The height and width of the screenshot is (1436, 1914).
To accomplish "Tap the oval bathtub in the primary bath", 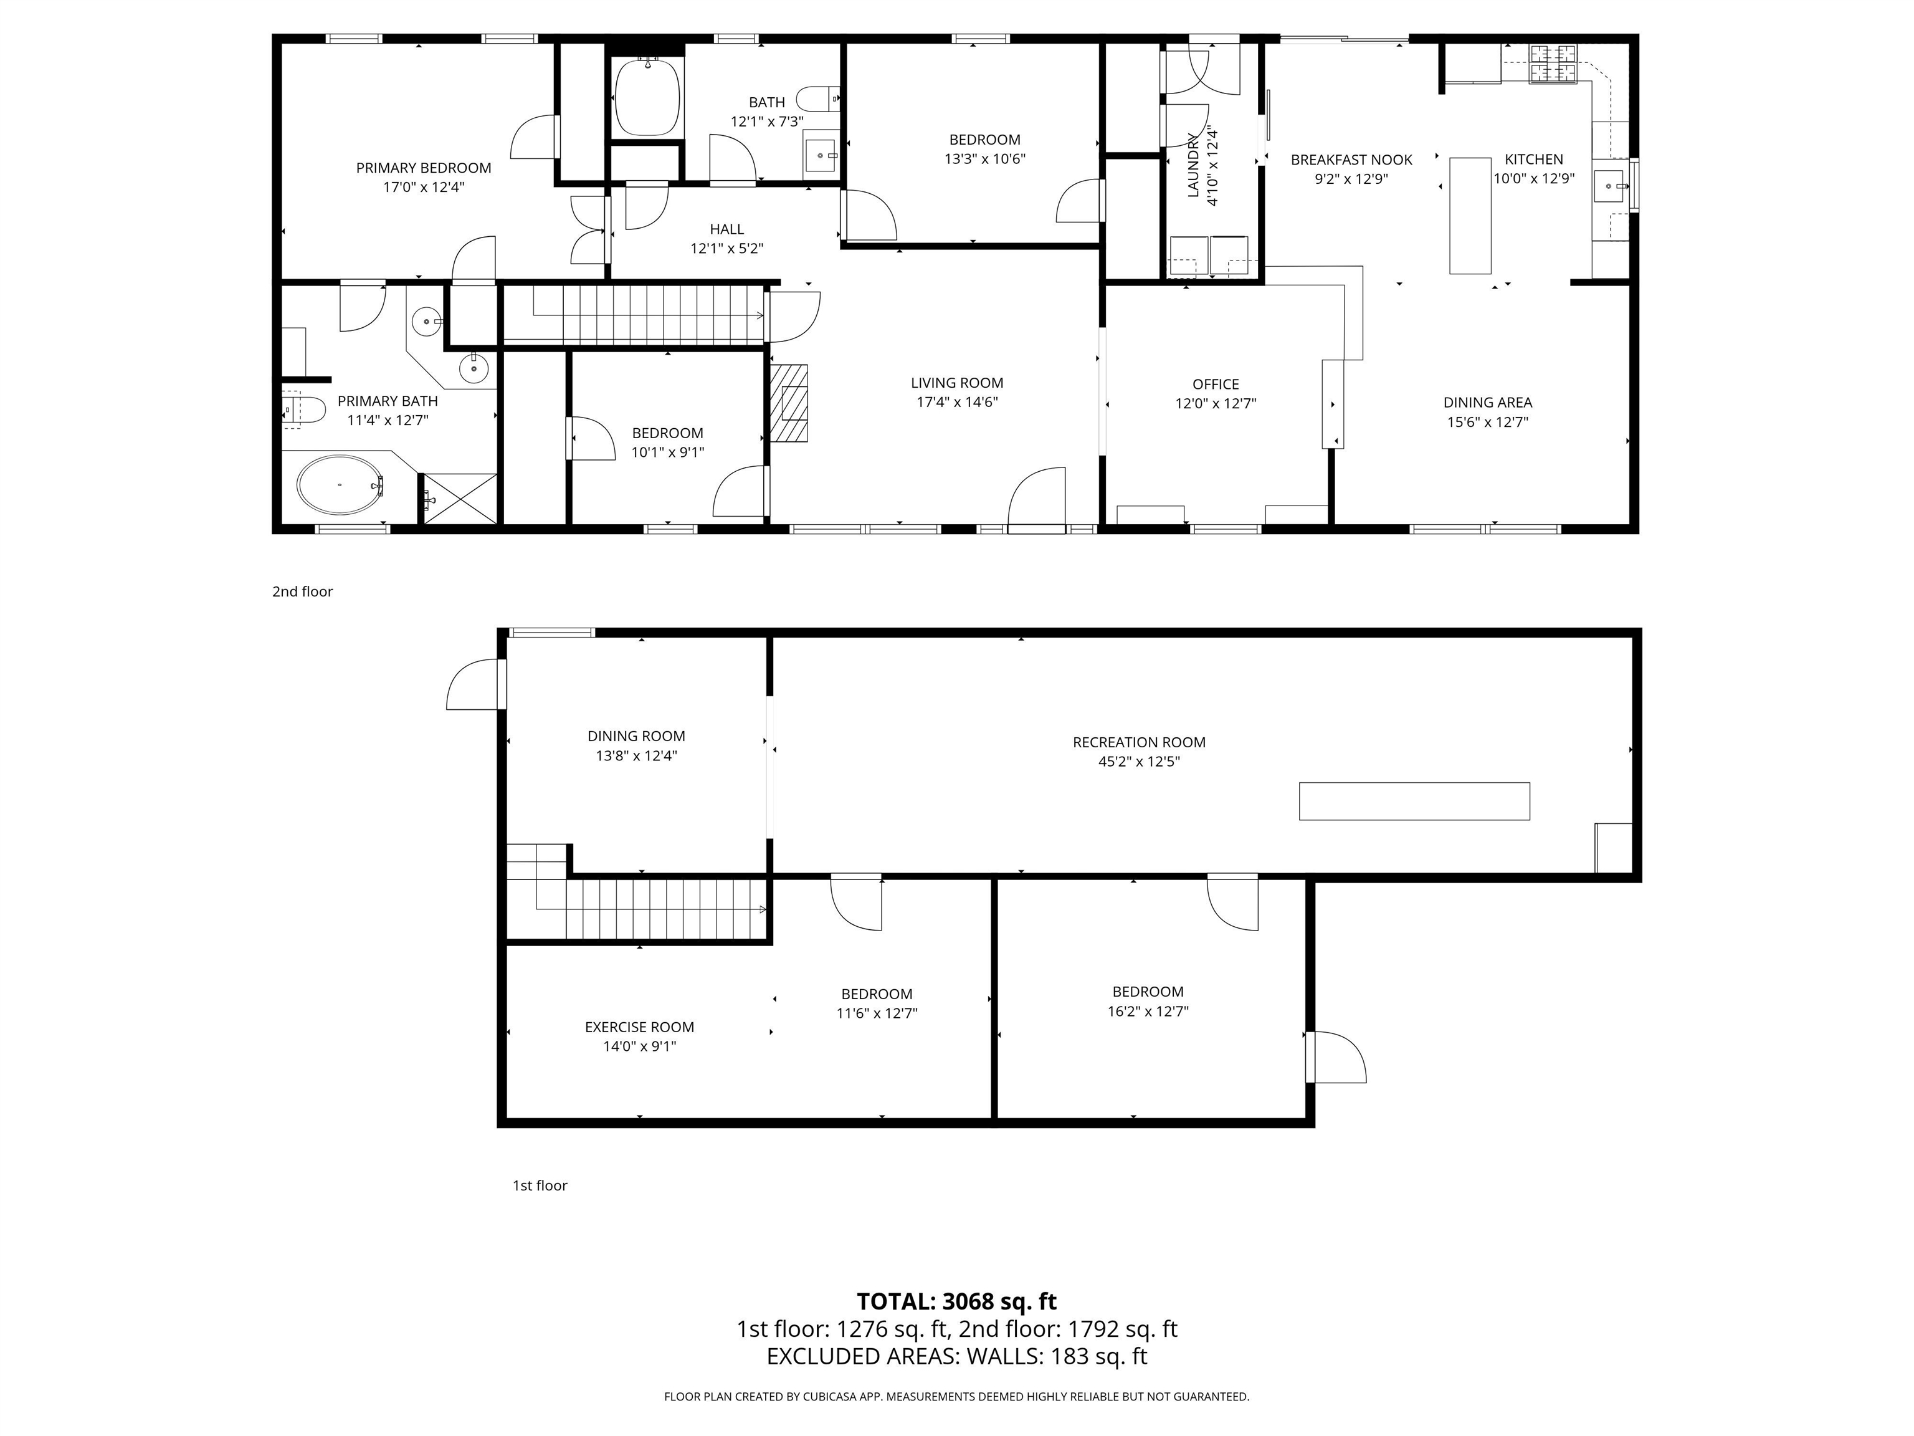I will coord(339,486).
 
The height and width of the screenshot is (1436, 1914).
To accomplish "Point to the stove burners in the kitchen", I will coord(1554,63).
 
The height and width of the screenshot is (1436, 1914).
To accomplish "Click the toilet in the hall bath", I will coord(817,96).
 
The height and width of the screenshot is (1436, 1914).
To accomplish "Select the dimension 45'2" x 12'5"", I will coord(1139,762).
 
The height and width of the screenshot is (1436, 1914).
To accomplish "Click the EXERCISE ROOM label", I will coord(639,1027).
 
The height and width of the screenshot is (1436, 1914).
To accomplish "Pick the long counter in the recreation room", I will coord(1414,801).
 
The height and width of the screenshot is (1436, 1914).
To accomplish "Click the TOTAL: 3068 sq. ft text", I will coord(956,1301).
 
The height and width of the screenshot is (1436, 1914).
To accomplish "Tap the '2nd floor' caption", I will coord(302,591).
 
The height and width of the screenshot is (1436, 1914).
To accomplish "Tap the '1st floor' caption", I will coord(540,1185).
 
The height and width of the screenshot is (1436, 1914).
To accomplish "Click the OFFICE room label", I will coord(1215,385).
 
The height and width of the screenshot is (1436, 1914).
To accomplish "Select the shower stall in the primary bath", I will coord(459,499).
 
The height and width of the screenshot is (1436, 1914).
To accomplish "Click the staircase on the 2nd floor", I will coord(649,315).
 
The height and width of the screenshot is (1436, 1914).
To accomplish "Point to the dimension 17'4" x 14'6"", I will coord(956,401).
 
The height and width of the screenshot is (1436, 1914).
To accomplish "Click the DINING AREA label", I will coord(1487,403).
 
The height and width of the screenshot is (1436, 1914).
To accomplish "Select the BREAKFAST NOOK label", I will coord(1351,160).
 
